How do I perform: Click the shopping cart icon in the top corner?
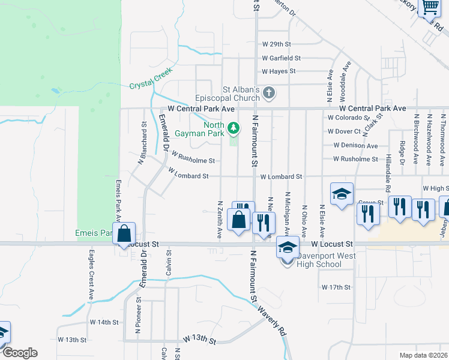coord(429,8)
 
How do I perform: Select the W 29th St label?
coord(276,44)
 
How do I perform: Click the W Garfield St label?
coord(281,58)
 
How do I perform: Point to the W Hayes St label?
coord(279,71)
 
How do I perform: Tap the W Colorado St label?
coord(345,118)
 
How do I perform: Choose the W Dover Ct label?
coord(344,131)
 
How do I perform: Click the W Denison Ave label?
coord(355,145)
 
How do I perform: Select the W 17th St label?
coord(336,287)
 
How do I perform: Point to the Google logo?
coord(20,352)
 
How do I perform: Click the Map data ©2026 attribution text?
coord(423,355)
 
